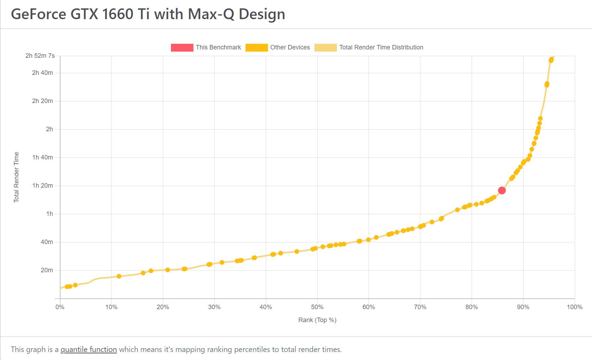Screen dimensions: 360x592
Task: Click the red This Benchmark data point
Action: [x=501, y=190]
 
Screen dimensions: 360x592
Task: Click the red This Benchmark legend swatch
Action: [x=182, y=47]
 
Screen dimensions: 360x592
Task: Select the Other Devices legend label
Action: [x=290, y=47]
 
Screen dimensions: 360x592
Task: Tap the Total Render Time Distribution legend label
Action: [x=381, y=47]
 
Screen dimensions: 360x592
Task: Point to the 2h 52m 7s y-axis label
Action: [x=40, y=56]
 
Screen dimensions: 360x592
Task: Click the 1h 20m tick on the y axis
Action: [x=42, y=186]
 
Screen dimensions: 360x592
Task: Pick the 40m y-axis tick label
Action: [x=47, y=242]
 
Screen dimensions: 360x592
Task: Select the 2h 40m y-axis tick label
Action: [x=42, y=73]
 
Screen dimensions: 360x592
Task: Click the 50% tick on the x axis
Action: [x=317, y=307]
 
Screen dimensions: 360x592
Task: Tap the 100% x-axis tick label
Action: [x=574, y=307]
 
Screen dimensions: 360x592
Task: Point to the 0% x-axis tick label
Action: [x=60, y=307]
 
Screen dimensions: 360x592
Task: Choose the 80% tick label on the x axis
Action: [x=472, y=307]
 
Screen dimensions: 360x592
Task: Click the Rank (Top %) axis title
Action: [x=317, y=320]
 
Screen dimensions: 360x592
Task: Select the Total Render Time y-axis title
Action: [x=16, y=177]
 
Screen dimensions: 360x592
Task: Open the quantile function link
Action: [x=88, y=350]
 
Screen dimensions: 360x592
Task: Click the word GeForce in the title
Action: [x=38, y=14]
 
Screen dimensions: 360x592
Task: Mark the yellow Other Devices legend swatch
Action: [x=256, y=47]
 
